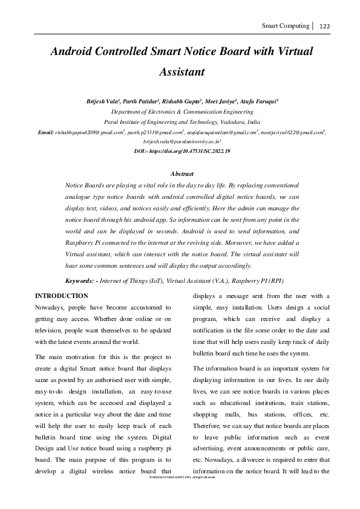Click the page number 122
[x=324, y=26]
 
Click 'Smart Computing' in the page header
[x=284, y=26]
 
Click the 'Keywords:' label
[x=80, y=281]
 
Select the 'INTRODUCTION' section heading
[x=62, y=296]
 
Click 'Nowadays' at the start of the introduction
[x=53, y=308]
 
